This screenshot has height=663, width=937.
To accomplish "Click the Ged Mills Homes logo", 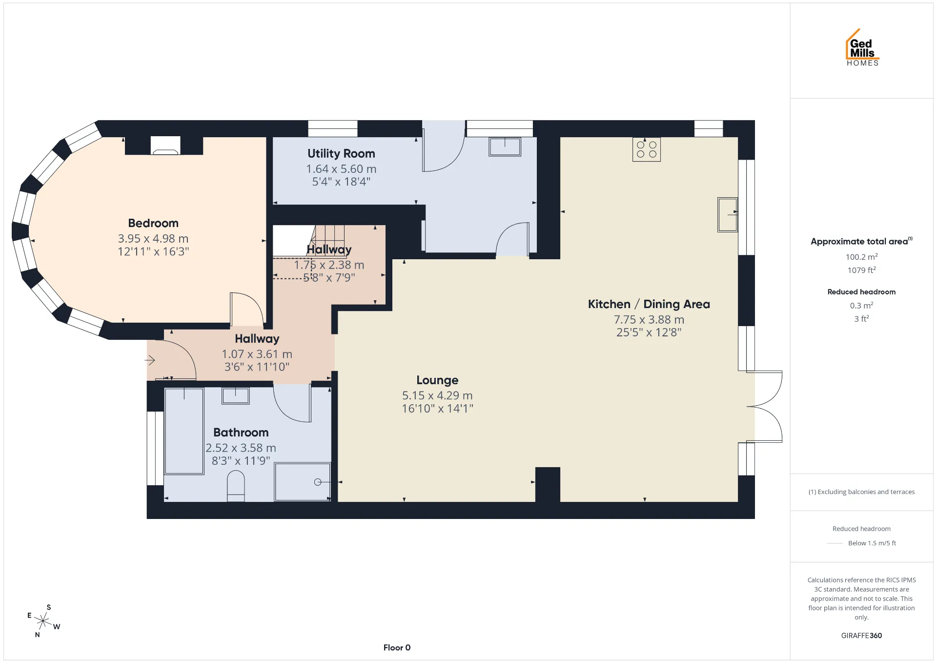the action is [x=862, y=47].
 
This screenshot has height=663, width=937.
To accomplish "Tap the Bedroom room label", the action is [x=153, y=223].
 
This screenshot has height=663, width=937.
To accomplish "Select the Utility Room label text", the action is [x=341, y=153].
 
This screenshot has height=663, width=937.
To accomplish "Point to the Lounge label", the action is [x=437, y=380].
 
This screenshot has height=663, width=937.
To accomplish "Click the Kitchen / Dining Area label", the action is [x=649, y=304].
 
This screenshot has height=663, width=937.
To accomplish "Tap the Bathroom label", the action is [x=241, y=433].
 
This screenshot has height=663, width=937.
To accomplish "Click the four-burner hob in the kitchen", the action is [x=647, y=149].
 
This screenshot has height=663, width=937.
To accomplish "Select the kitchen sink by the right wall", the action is [x=727, y=214].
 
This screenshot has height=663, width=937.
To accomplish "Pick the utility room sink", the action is [x=505, y=146].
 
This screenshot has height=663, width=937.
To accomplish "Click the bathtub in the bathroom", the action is [x=184, y=431].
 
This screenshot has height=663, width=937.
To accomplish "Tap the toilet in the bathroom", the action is [x=236, y=486].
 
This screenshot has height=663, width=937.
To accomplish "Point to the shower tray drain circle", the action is [x=318, y=482].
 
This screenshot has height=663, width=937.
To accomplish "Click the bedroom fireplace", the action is [x=165, y=145].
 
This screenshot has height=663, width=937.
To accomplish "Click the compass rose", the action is [x=43, y=621].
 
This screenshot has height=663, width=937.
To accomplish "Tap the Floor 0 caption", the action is [x=397, y=648].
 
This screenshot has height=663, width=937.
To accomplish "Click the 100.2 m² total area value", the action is [x=862, y=257].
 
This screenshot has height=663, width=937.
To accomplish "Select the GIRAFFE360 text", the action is [x=861, y=636].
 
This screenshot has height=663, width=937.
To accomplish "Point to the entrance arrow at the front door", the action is [x=150, y=361].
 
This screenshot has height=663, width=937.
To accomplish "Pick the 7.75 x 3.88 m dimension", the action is [x=649, y=320].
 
